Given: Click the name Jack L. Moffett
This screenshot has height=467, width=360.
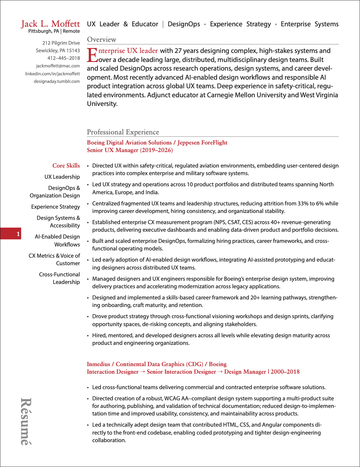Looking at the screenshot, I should (x=50, y=24).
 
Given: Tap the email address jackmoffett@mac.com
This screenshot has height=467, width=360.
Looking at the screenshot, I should (x=58, y=66).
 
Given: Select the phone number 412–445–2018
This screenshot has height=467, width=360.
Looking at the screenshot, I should (x=64, y=58).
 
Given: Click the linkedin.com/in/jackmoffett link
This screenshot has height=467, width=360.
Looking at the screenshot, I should (x=53, y=74).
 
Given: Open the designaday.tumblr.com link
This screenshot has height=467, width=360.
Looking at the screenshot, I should (x=57, y=81).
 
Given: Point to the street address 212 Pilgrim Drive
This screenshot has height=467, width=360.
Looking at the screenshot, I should (x=61, y=43).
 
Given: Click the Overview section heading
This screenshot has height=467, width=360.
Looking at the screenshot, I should (x=102, y=40).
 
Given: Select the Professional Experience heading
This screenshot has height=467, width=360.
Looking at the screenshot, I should (x=123, y=132).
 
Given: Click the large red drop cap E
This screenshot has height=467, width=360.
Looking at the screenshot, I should (x=92, y=55).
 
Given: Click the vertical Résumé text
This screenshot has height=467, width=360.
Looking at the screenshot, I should (x=26, y=421).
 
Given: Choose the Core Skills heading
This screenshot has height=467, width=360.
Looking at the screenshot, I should (x=66, y=166).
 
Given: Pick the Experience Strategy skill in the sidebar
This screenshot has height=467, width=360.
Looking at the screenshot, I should (x=55, y=207).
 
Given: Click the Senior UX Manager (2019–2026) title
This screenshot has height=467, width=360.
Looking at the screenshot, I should (x=130, y=150).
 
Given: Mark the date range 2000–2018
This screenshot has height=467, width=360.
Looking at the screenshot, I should (x=285, y=372).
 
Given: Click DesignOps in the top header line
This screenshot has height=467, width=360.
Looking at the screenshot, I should (x=184, y=24).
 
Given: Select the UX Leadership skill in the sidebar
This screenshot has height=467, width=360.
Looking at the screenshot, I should (x=62, y=177).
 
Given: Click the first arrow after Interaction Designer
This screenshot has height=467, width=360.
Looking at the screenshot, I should (x=143, y=372).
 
